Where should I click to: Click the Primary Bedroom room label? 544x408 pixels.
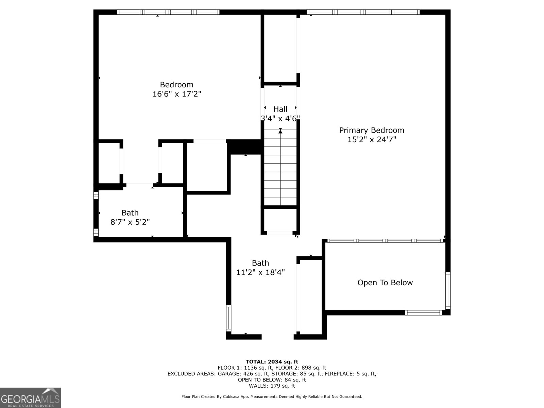372,130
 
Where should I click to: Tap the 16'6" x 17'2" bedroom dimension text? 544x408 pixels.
177,94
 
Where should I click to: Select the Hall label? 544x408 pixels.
280,109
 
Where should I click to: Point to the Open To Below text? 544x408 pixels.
385,283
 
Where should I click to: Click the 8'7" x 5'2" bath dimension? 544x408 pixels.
130,222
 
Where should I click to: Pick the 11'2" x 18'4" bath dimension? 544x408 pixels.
260,272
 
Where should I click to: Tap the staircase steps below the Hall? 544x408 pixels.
280,170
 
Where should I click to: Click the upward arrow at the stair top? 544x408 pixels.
280,131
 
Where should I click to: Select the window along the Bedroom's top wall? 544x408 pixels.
168,12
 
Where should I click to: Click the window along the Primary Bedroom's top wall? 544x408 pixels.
363,12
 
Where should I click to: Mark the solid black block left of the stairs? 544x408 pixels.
245,147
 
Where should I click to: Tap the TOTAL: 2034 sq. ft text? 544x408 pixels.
272,362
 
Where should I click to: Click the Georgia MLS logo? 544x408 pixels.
31,397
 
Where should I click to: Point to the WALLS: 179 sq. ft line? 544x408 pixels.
272,386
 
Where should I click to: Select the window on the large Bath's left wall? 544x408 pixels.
228,318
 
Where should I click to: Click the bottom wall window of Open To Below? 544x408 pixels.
423,312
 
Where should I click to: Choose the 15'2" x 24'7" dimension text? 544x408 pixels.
372,139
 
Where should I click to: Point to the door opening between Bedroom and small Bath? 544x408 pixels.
139,185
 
